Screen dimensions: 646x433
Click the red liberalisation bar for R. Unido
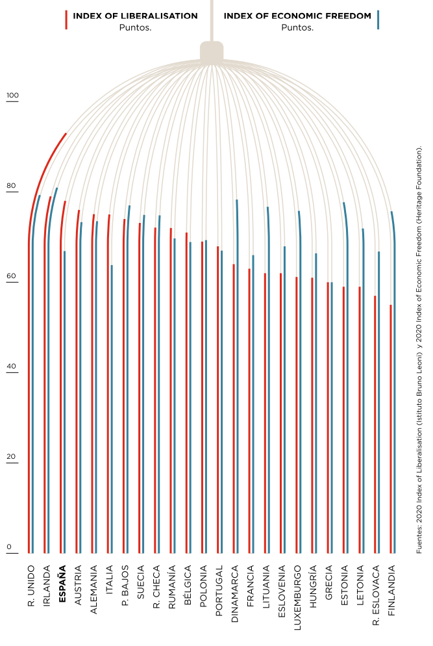pyautogui.click(x=29, y=390)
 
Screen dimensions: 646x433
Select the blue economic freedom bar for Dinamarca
pyautogui.click(x=237, y=390)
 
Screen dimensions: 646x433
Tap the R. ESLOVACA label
pyautogui.click(x=376, y=595)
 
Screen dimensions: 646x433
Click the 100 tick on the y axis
pyautogui.click(x=13, y=96)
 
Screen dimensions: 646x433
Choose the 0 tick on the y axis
pyautogui.click(x=10, y=547)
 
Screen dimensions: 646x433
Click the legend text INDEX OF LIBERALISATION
pyautogui.click(x=135, y=16)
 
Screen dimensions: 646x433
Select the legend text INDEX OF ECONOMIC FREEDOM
pyautogui.click(x=297, y=16)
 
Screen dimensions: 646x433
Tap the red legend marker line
pyautogui.click(x=66, y=19)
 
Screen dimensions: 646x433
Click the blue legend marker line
pyautogui.click(x=378, y=19)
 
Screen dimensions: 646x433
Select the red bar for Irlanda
pyautogui.click(x=45, y=390)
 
